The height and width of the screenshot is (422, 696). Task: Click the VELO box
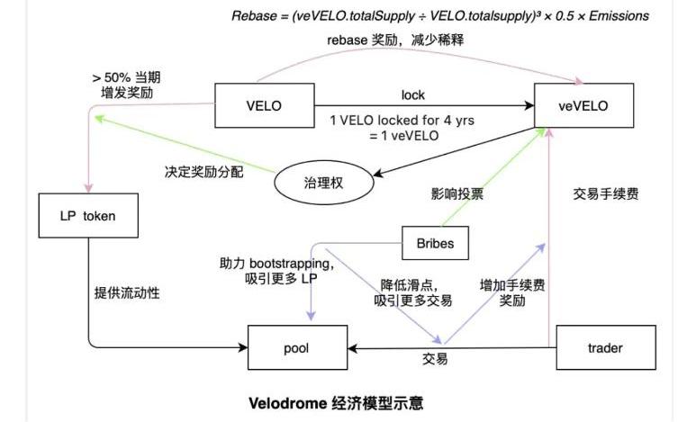click(264, 105)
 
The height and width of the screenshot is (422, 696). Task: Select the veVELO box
click(583, 105)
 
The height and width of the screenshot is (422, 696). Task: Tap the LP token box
click(87, 216)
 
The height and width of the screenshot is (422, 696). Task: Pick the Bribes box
click(435, 242)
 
